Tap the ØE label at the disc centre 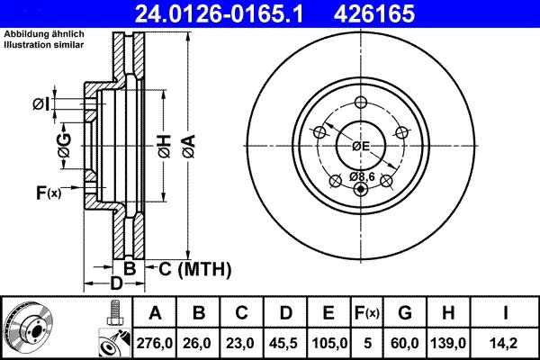pyautogui.click(x=361, y=146)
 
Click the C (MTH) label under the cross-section pyautogui.click(x=194, y=268)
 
